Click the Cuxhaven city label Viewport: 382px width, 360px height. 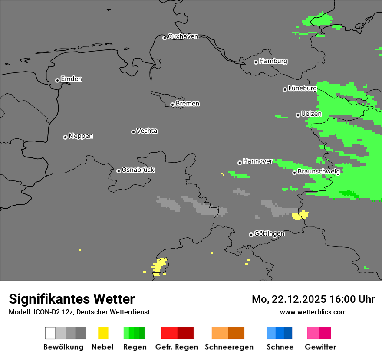coord(183,36)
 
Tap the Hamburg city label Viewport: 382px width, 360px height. coord(273,61)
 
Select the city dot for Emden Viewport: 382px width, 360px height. coord(57,80)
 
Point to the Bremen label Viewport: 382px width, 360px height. coord(188,104)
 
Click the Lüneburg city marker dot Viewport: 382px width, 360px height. coord(285,89)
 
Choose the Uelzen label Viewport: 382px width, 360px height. coord(311,114)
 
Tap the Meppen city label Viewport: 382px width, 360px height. coord(81,136)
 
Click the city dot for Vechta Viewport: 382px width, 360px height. coord(133,132)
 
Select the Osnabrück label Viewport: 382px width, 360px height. coord(138,170)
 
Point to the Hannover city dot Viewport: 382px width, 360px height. coord(240,163)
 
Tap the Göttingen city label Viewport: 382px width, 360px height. coord(269,233)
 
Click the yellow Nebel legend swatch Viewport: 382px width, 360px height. coord(103,333)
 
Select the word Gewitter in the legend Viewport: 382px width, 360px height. coord(320,347)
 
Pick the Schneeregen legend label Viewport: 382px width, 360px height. coord(229,347)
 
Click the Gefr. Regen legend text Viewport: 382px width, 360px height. coord(177,347)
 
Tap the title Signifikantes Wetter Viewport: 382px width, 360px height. coord(72,299)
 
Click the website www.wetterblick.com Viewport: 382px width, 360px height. coord(313,312)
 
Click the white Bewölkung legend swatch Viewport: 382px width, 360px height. coord(50,333)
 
